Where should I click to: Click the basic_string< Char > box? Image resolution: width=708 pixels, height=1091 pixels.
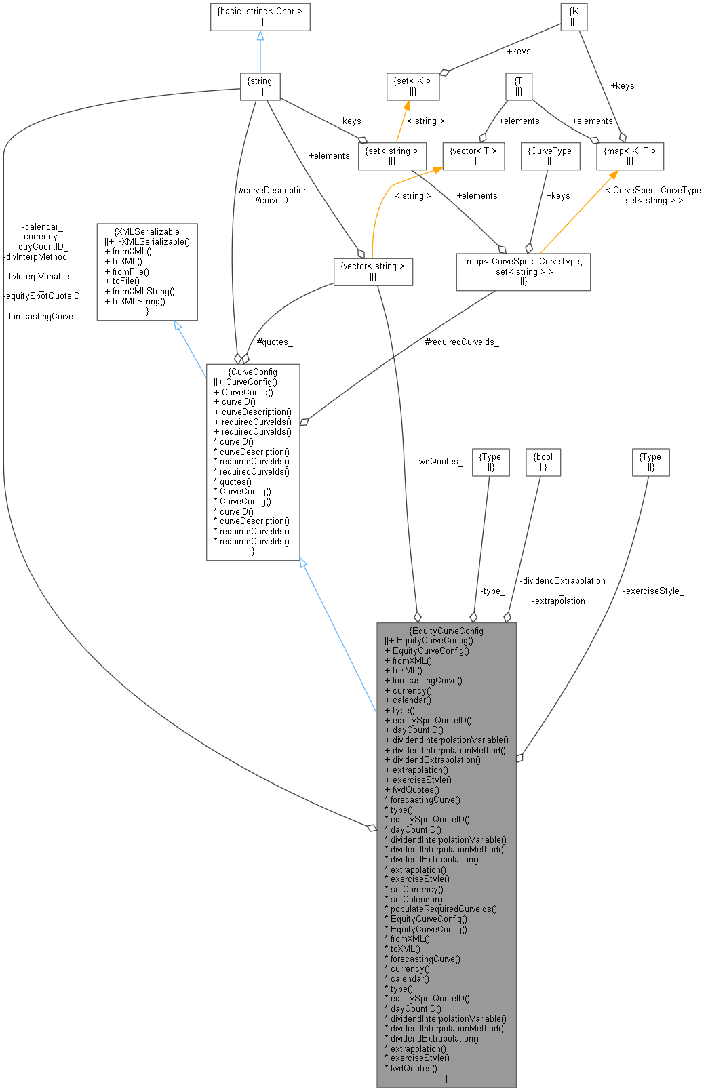point(260,17)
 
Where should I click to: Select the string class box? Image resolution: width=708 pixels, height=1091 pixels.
point(260,86)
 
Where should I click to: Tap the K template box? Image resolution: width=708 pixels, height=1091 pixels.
point(573,17)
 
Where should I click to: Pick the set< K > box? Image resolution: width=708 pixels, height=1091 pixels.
point(412,86)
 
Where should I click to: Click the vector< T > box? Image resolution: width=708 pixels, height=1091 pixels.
point(473,156)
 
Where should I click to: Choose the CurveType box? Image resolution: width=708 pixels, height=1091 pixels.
point(549,156)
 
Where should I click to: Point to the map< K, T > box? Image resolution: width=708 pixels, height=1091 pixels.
point(629,156)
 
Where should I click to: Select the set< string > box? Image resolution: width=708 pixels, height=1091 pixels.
point(392,156)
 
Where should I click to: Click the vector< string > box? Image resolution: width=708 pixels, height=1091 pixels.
point(373,271)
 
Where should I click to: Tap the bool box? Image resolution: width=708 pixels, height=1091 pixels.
point(543,462)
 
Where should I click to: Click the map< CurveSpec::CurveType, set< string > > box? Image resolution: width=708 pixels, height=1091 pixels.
point(523,271)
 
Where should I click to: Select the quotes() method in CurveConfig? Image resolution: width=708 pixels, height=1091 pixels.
point(235,481)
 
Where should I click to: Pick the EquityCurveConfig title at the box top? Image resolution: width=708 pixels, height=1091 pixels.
point(446,631)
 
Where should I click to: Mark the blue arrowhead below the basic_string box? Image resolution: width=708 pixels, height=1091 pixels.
point(260,35)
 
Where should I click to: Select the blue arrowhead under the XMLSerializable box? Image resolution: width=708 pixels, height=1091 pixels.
point(178,326)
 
